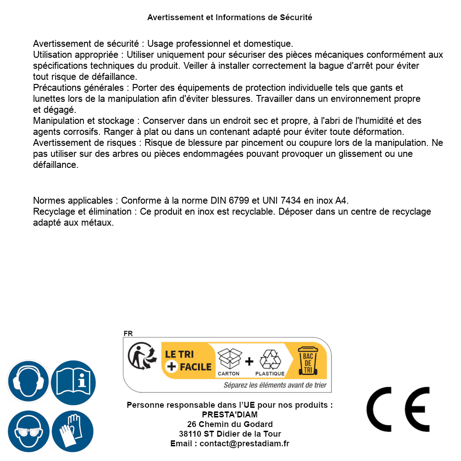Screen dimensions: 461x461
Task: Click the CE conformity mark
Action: coord(398,409)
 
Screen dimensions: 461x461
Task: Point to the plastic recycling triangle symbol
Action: coord(270,359)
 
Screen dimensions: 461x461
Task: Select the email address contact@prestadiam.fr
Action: coord(244,444)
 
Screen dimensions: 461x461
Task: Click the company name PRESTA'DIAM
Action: coord(230,415)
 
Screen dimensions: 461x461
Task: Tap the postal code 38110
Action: coord(190,434)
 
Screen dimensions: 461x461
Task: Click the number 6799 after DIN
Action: coord(238,200)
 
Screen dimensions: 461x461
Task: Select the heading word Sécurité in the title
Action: coord(296,17)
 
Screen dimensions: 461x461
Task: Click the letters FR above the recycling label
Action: coord(128,333)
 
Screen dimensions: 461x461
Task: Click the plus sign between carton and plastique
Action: coord(249,361)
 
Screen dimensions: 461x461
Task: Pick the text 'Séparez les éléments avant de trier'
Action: coord(275,385)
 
